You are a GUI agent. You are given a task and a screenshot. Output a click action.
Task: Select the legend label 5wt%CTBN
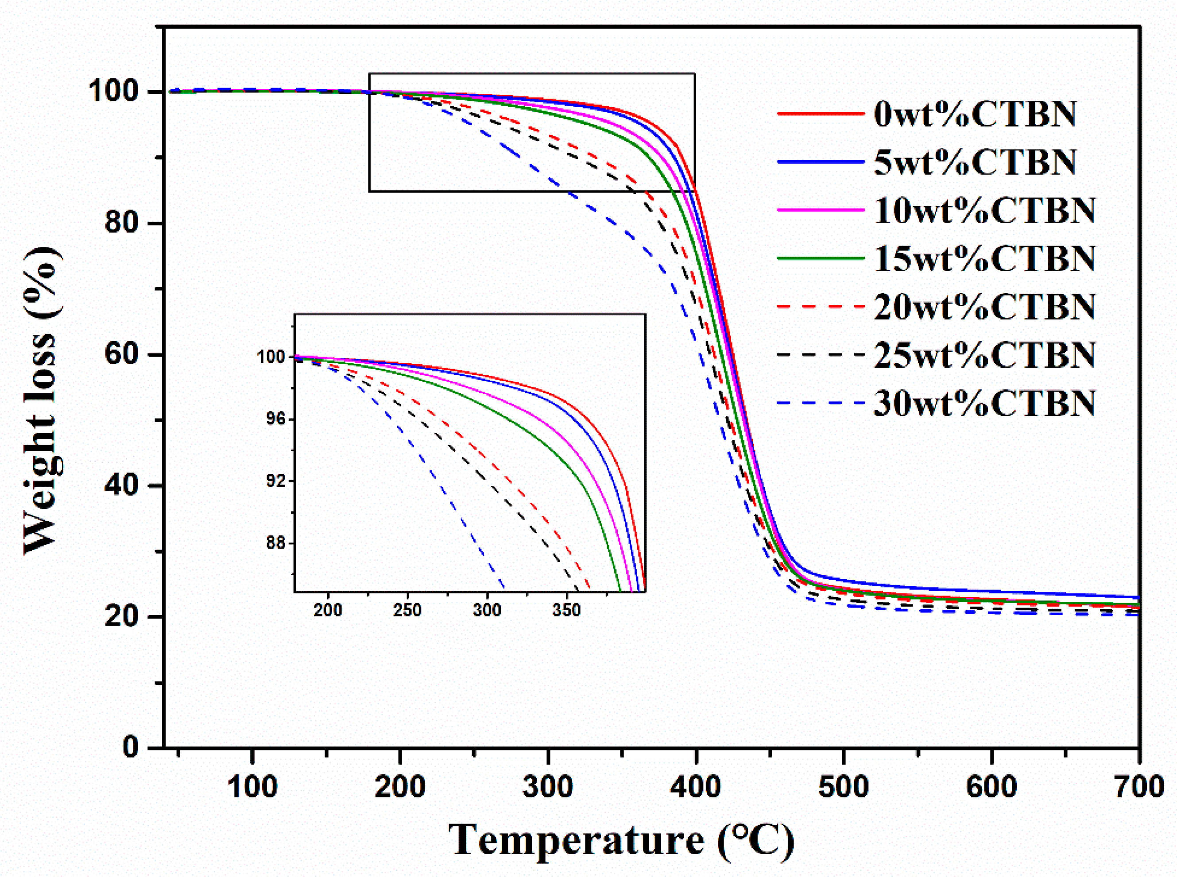pyautogui.click(x=975, y=162)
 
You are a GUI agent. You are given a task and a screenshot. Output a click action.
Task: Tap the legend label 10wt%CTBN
pyautogui.click(x=984, y=210)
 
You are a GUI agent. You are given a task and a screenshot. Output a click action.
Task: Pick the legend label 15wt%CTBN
pyautogui.click(x=984, y=258)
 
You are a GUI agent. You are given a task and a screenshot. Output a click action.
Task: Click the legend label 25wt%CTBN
pyautogui.click(x=984, y=355)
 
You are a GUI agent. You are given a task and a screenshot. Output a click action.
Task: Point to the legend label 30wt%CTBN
pyautogui.click(x=984, y=404)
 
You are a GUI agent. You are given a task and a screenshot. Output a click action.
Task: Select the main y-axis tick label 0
pyautogui.click(x=131, y=747)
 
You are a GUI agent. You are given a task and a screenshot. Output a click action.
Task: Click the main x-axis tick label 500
pyautogui.click(x=843, y=787)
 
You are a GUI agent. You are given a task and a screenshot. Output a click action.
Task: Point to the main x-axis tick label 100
pyautogui.click(x=252, y=787)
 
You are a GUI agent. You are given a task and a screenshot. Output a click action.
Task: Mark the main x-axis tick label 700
pyautogui.click(x=1138, y=787)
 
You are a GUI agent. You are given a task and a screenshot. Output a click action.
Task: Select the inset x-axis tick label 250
pyautogui.click(x=407, y=610)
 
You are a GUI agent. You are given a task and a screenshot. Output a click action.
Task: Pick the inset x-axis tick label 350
pyautogui.click(x=566, y=610)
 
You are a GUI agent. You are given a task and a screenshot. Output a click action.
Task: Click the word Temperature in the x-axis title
pyautogui.click(x=576, y=840)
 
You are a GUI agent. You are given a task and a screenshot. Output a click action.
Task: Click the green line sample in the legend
pyautogui.click(x=821, y=258)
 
